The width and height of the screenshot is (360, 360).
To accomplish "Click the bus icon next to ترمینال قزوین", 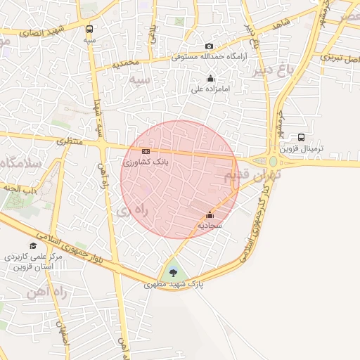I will [301, 137].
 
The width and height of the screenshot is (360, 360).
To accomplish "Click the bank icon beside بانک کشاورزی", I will [146, 151].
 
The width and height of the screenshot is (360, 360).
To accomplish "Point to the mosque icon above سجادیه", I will [210, 215].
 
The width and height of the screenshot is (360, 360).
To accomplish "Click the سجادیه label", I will [210, 226].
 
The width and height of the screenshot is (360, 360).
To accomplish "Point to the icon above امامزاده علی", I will [210, 79].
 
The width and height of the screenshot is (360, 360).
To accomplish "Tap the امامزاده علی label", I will [210, 90].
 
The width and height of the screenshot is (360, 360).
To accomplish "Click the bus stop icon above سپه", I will [89, 30].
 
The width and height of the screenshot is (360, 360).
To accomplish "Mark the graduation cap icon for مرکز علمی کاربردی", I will [33, 245].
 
